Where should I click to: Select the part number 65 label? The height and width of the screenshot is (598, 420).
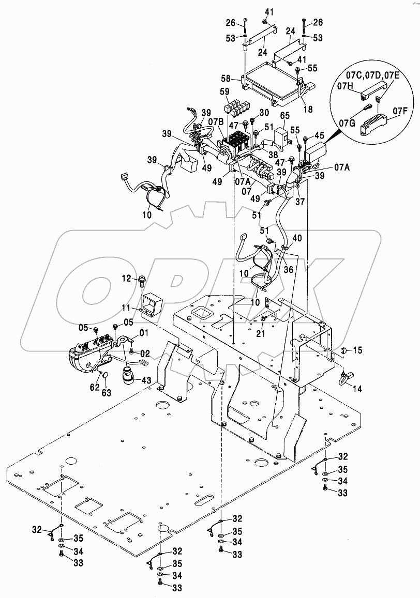(x=285, y=116)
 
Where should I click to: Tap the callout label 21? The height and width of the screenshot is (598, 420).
(x=261, y=334)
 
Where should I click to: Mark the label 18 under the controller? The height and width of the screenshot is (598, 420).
(x=308, y=109)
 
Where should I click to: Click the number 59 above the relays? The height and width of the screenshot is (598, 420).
(x=226, y=93)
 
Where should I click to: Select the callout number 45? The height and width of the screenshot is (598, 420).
(x=319, y=135)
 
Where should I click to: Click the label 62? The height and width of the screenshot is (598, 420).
(x=94, y=387)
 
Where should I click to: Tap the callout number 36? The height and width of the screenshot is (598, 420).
(x=288, y=269)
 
